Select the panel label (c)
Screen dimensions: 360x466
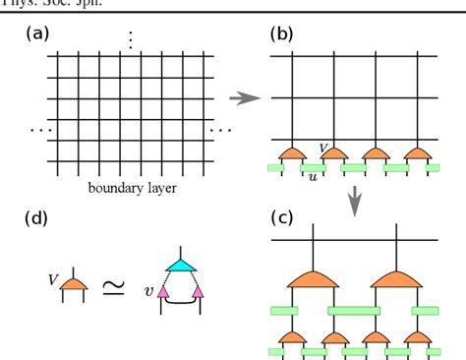(x=282, y=217)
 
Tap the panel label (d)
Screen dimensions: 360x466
(x=36, y=217)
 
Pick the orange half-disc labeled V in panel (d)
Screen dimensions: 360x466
(x=70, y=284)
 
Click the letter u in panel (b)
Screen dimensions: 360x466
(x=312, y=178)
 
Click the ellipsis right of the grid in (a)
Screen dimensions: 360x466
(x=220, y=129)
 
